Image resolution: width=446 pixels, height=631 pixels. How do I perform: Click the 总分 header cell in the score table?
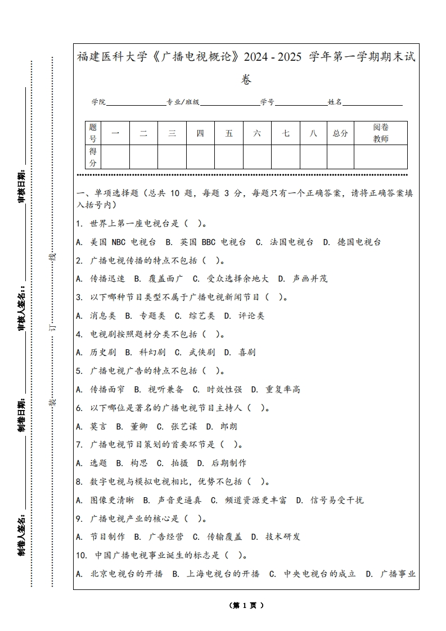coord(340,133)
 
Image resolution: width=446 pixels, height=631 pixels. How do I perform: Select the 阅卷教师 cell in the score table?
coord(381,133)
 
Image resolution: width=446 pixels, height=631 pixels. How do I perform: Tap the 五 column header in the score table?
coord(229,133)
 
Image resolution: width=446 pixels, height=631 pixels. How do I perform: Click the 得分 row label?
coord(93,157)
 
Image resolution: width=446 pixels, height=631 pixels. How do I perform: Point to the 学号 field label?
coord(267,102)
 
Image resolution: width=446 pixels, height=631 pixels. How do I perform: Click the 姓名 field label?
coord(335,102)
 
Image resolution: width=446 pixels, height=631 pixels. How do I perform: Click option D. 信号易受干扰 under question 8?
coord(330,500)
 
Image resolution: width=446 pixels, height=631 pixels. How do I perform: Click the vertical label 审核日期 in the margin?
coord(21,186)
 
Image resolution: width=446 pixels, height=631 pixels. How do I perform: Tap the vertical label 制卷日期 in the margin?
coord(21,416)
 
